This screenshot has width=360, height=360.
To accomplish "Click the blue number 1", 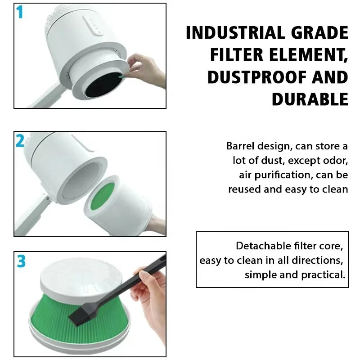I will [19, 12].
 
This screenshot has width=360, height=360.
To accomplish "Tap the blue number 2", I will [20, 141].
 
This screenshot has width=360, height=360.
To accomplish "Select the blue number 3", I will [21, 261].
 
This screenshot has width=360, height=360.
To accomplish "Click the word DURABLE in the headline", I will [310, 99].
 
